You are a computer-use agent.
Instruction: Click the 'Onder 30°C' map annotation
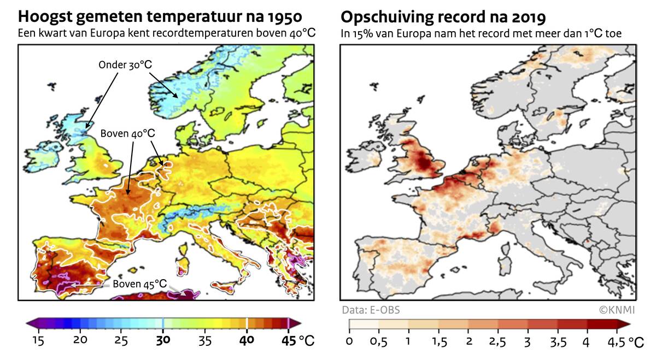coord(125,64)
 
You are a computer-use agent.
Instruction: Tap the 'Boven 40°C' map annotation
coord(128,133)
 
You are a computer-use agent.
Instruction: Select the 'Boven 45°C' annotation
coord(139,284)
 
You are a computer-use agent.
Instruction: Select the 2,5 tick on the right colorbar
coord(498,342)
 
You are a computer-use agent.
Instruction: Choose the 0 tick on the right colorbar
coord(349,342)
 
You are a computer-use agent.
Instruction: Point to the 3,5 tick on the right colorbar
coord(557,342)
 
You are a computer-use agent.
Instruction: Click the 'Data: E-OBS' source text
coord(371,310)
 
